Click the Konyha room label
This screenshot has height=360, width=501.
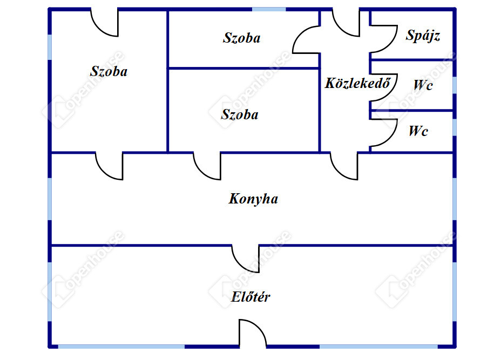[x=253, y=199]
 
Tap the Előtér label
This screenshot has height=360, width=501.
[x=251, y=297]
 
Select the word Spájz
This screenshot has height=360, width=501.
[x=423, y=36]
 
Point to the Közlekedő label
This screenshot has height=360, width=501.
[x=357, y=83]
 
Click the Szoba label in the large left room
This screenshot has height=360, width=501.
[x=109, y=71]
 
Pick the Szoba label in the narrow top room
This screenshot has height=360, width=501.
[x=241, y=38]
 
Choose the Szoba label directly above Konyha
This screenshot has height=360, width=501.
[x=240, y=114]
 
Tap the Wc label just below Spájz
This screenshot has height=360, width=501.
[x=423, y=85]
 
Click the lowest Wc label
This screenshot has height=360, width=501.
[x=418, y=131]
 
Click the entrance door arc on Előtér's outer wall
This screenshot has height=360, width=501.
[x=253, y=333]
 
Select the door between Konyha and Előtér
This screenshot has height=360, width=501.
[x=246, y=259]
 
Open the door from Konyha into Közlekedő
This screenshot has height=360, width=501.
[x=344, y=166]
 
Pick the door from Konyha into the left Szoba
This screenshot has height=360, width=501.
[x=109, y=166]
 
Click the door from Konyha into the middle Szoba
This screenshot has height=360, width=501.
[x=207, y=166]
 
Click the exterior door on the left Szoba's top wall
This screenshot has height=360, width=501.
[x=104, y=23]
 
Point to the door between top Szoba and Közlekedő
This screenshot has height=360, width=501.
[x=306, y=40]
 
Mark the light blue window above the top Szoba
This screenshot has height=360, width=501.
[x=269, y=9]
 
